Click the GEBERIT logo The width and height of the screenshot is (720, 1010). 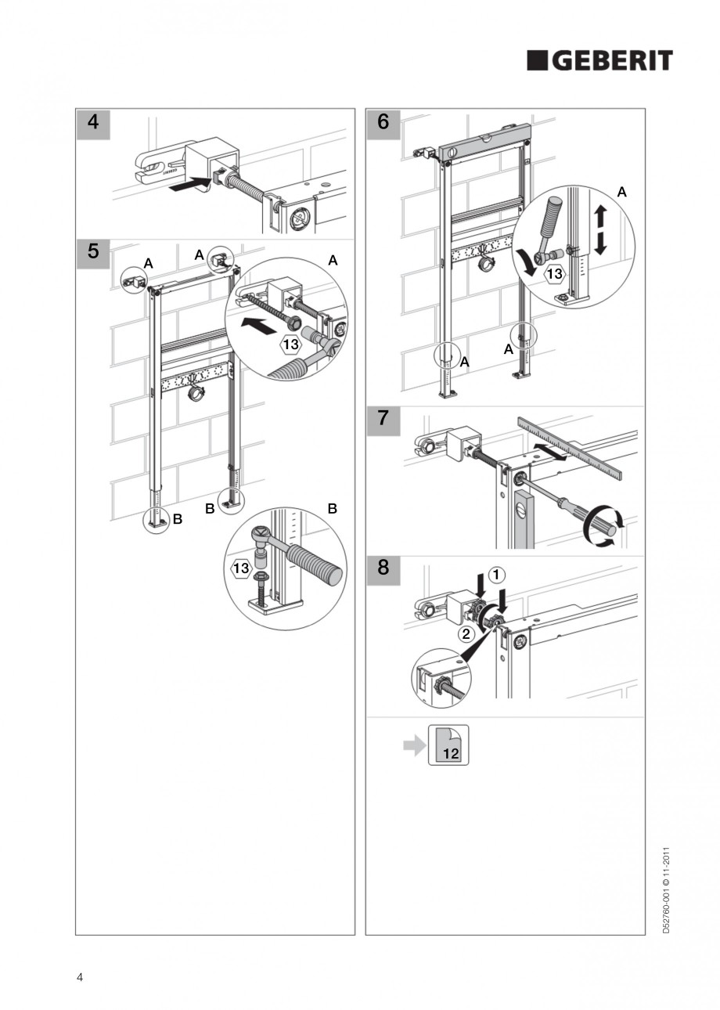[x=599, y=61]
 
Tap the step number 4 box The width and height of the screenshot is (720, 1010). [x=93, y=123]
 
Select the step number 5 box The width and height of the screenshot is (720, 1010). [x=93, y=252]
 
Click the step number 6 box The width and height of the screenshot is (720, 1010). [x=383, y=122]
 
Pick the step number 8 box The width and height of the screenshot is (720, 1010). [x=383, y=567]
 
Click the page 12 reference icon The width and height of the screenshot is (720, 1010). [x=449, y=745]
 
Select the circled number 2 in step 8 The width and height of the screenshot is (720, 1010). [x=465, y=633]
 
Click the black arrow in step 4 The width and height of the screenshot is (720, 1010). [x=190, y=185]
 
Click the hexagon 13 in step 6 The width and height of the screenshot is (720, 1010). [x=554, y=274]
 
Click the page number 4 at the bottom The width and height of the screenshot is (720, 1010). [x=80, y=976]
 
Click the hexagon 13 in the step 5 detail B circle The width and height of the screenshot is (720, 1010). [x=241, y=569]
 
